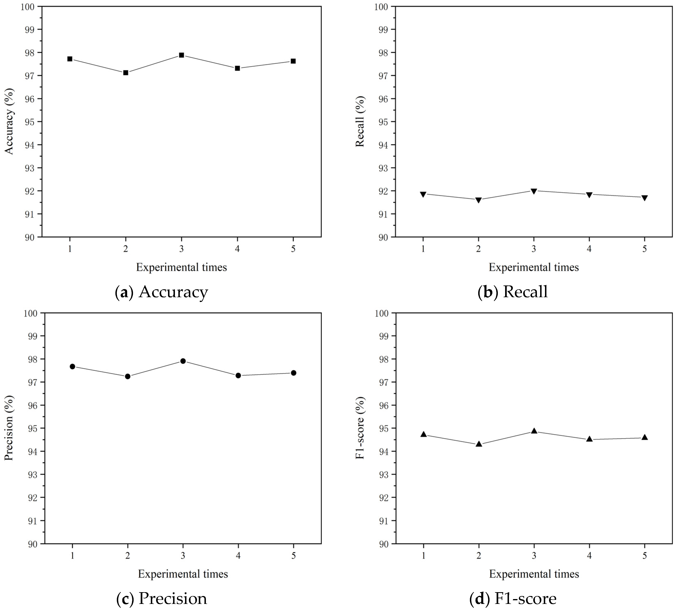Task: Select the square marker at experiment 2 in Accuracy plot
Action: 126,72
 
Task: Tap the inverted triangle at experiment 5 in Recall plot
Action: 644,198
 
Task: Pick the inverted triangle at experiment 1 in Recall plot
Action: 423,194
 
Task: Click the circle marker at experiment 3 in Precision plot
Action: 183,361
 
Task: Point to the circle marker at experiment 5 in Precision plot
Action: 293,373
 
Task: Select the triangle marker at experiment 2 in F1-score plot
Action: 479,444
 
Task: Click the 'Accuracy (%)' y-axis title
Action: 9,121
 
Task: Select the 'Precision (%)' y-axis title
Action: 9,428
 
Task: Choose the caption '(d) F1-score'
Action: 513,599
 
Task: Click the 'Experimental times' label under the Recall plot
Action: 534,267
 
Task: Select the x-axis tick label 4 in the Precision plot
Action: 238,556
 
